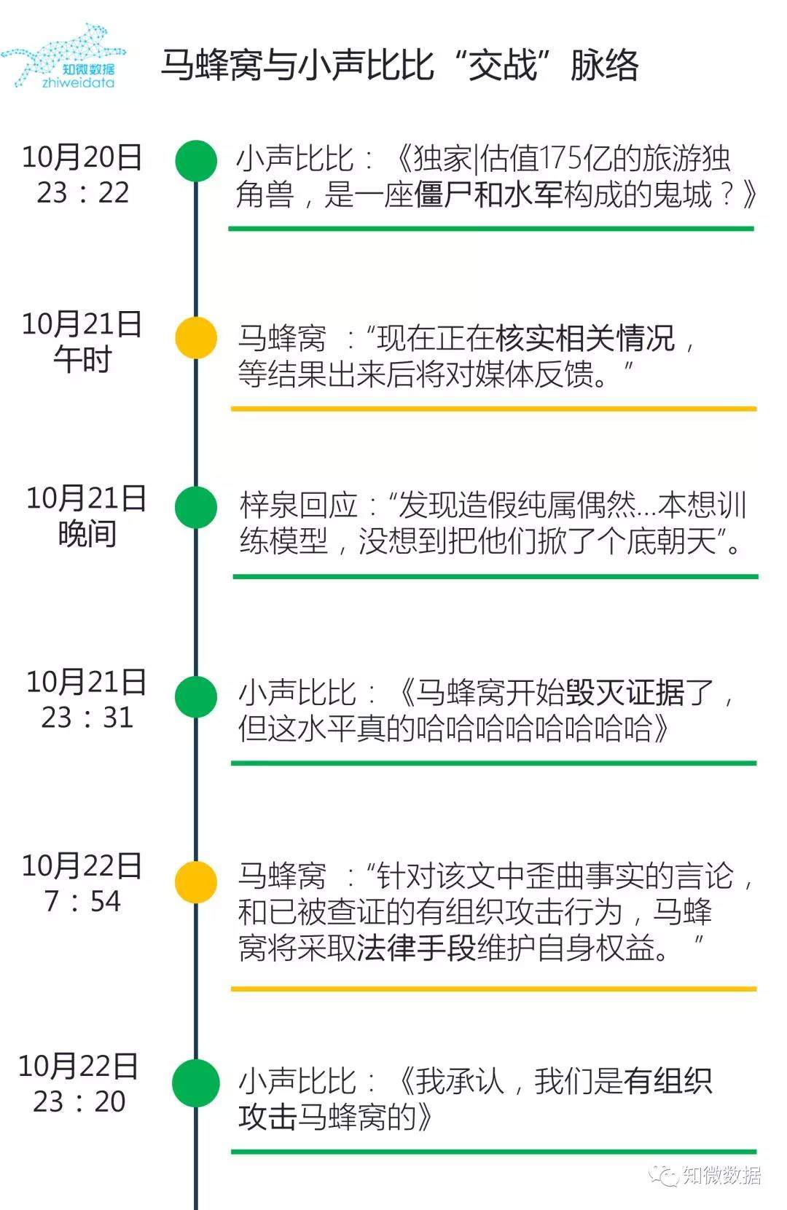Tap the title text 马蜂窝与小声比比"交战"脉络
[399, 66]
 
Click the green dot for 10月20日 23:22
[196, 160]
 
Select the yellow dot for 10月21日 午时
[196, 337]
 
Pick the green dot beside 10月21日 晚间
[196, 507]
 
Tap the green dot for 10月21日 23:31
[196, 696]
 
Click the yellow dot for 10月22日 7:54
[196, 881]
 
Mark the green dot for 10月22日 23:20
[196, 1083]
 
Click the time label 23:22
[83, 193]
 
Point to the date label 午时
[82, 360]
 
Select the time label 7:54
[82, 902]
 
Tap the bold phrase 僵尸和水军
[488, 195]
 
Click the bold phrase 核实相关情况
[586, 339]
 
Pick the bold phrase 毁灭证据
[625, 693]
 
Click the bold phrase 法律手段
[416, 948]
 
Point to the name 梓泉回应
[299, 505]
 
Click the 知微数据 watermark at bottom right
[708, 1175]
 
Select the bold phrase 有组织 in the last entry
[668, 1081]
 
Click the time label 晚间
[87, 534]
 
